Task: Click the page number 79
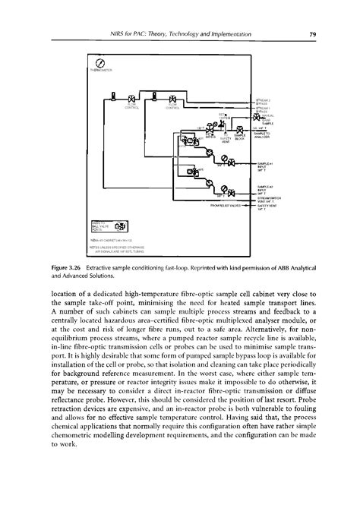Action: coord(312,33)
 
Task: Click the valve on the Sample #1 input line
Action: coord(231,163)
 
